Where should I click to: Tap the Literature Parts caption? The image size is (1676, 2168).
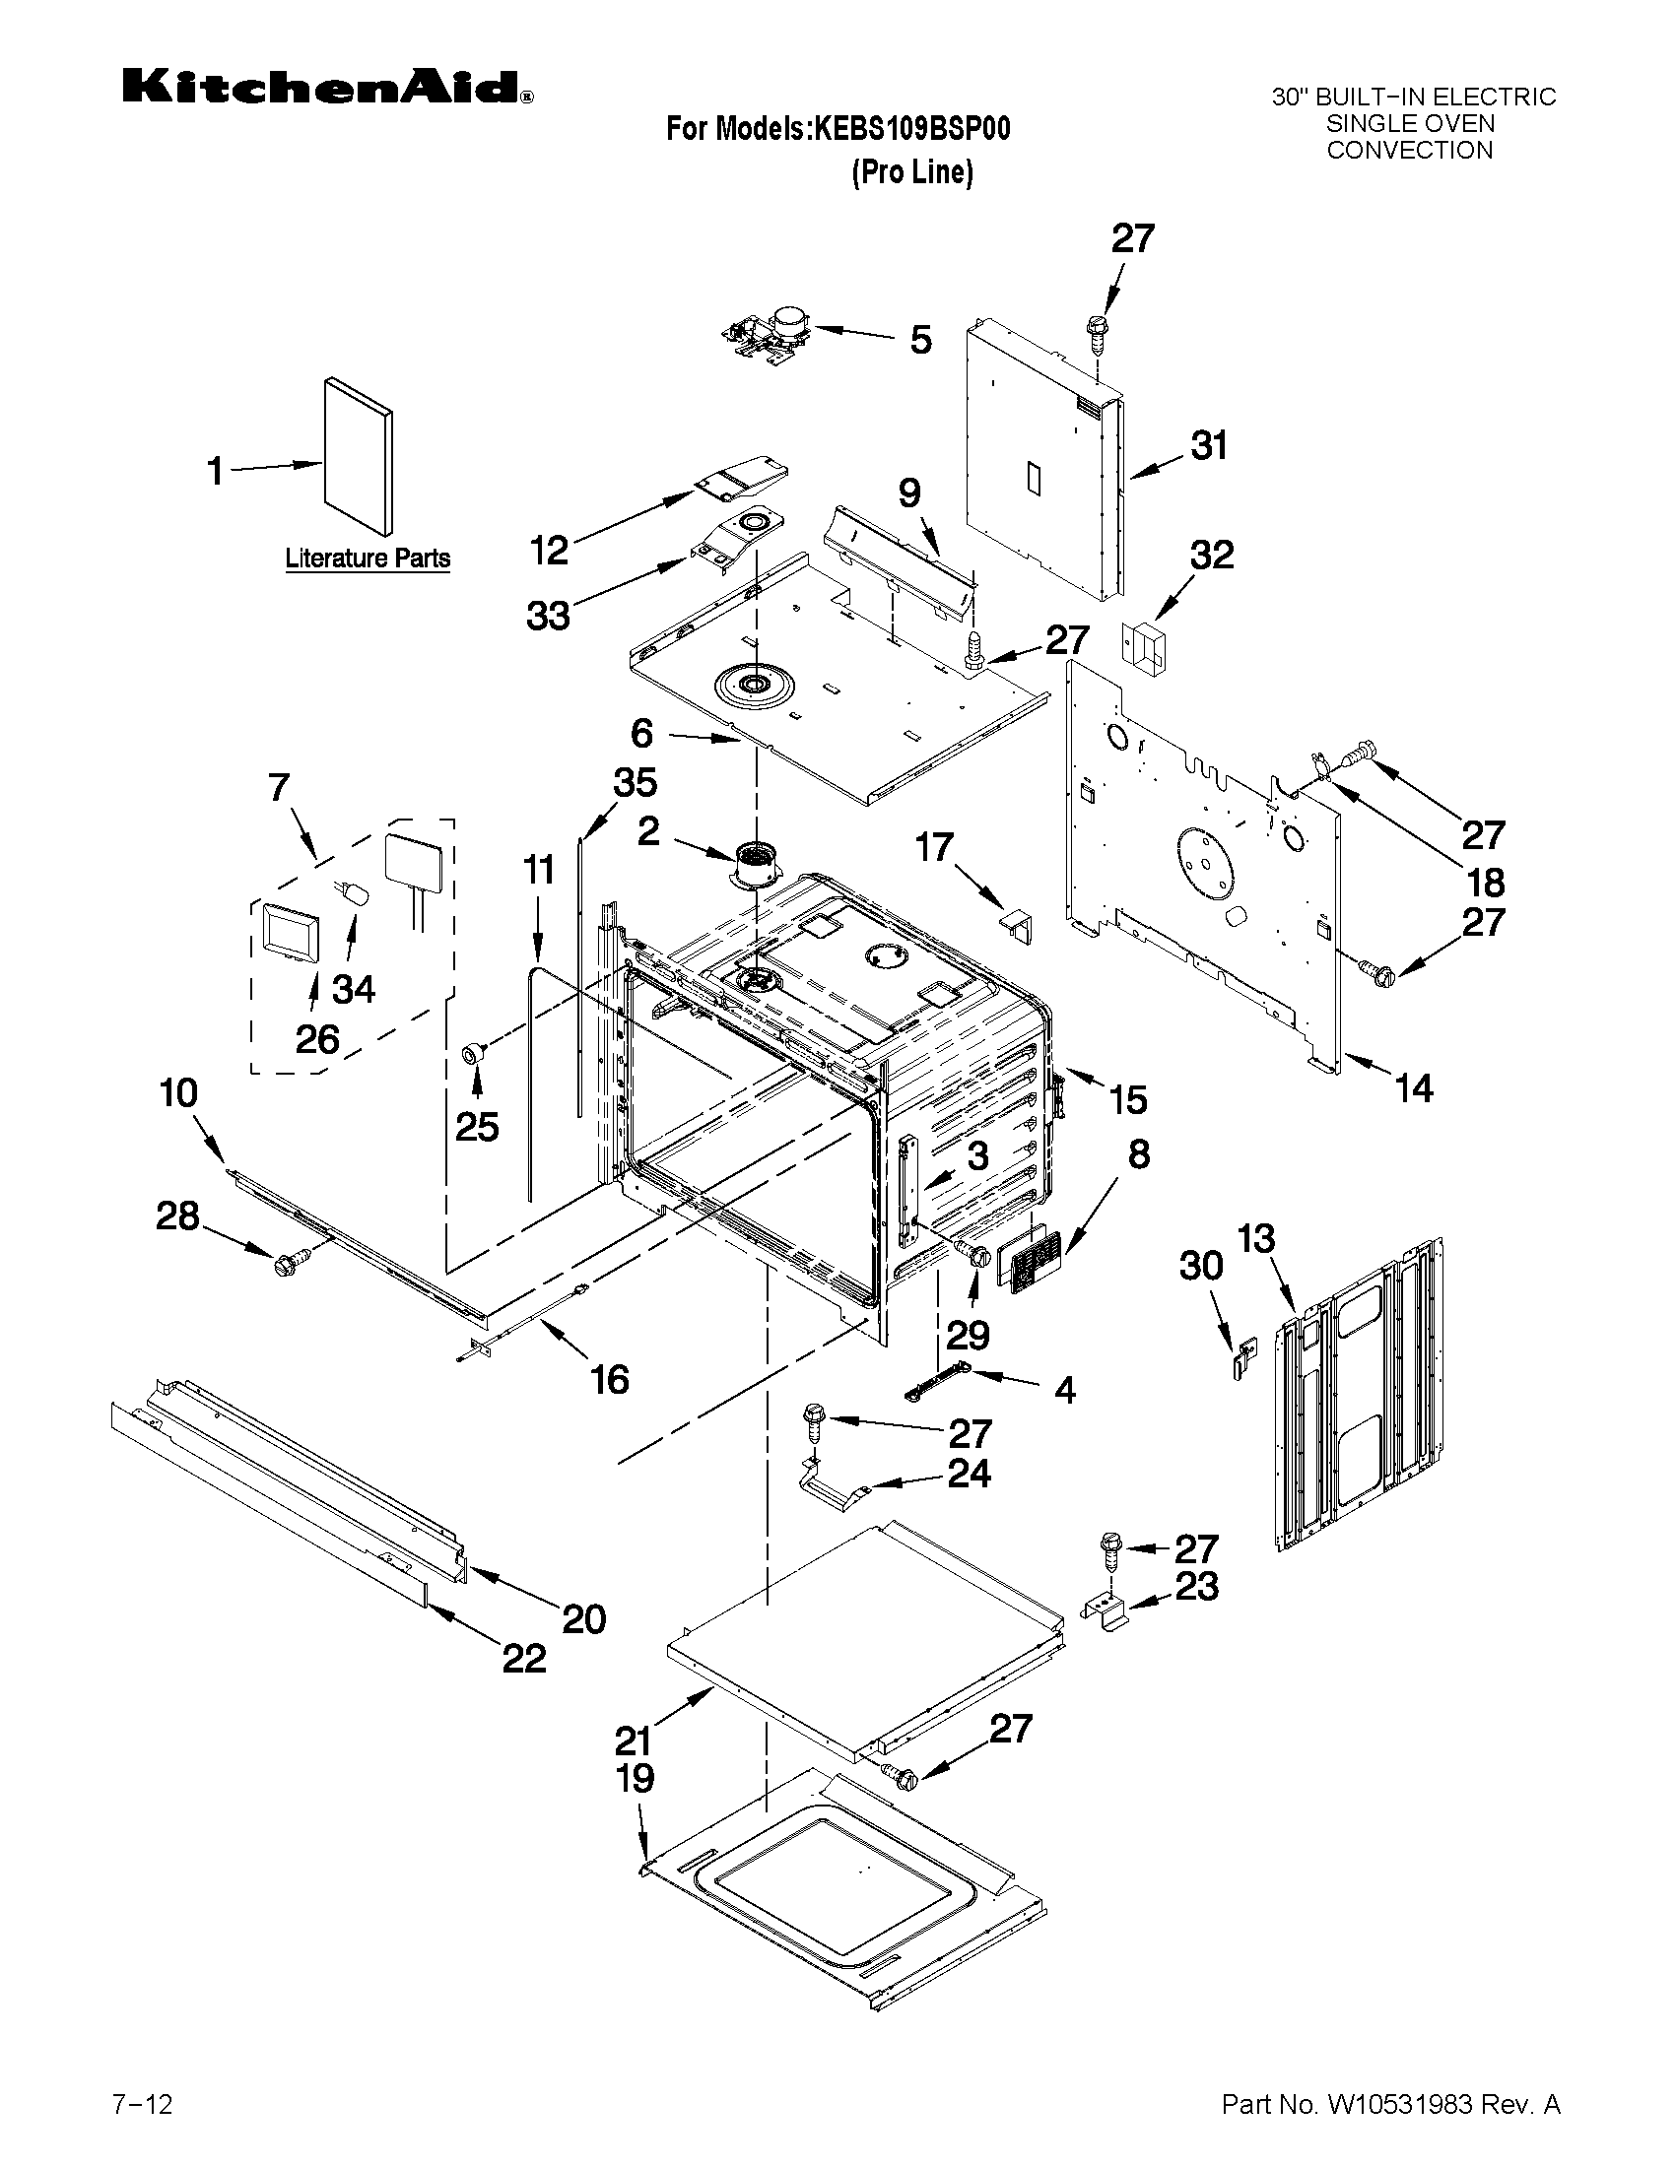click(368, 558)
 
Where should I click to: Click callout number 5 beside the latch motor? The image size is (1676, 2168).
click(920, 341)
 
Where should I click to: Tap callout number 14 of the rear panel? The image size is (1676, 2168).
click(1413, 1089)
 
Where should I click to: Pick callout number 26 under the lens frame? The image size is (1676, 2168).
click(316, 1039)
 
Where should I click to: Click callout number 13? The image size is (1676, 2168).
click(1255, 1239)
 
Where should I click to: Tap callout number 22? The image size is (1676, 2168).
click(523, 1658)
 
